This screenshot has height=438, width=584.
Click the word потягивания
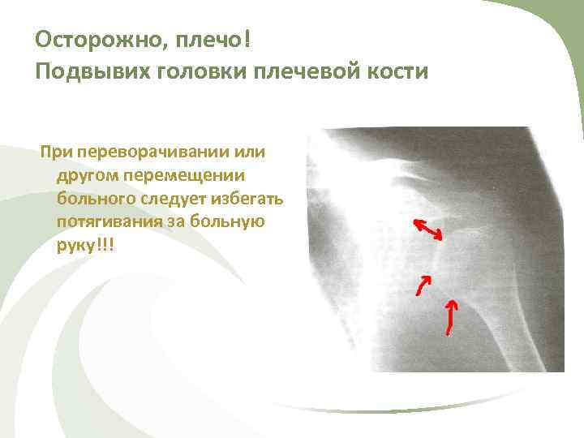[x=108, y=221]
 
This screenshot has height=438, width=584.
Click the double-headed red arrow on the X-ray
[x=427, y=229]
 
